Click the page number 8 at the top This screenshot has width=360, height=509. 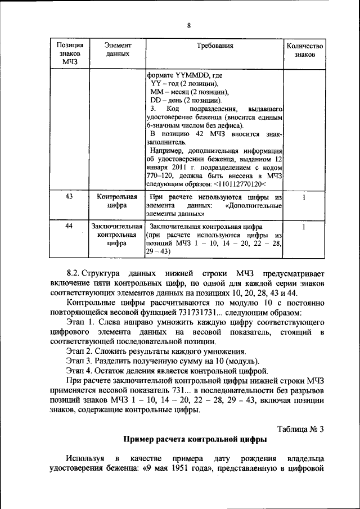pyautogui.click(x=188, y=25)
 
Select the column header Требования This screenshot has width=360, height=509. pyautogui.click(x=214, y=46)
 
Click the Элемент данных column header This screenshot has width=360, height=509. pyautogui.click(x=117, y=50)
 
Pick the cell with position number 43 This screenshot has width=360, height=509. pyautogui.click(x=69, y=197)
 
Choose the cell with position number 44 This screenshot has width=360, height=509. pyautogui.click(x=69, y=226)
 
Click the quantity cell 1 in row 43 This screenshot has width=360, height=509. pyautogui.click(x=304, y=197)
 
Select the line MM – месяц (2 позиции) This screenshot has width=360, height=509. pyautogui.click(x=189, y=91)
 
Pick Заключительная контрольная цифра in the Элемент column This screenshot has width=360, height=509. pyautogui.click(x=117, y=235)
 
